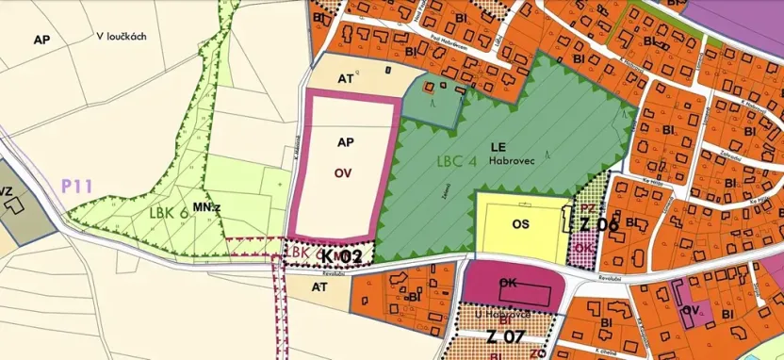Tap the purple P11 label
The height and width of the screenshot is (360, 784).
pos(76,186)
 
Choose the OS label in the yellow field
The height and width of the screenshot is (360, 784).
pos(521,224)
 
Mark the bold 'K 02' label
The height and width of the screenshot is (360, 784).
pos(341,255)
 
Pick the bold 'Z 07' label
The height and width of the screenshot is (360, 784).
pos(505,335)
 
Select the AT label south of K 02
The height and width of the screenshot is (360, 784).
pos(319,284)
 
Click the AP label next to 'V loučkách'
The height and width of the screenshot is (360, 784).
pos(41,40)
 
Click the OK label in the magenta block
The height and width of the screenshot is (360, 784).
pos(510,282)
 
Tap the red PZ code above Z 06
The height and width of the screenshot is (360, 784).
pos(585,207)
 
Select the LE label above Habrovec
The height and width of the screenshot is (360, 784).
pos(498,147)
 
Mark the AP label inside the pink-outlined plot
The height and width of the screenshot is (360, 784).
pos(344,141)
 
